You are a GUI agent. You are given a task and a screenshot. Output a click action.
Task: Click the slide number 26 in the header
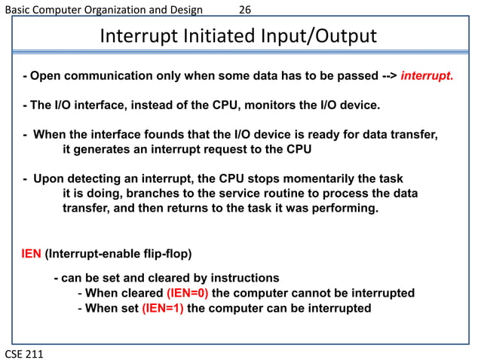(x=245, y=9)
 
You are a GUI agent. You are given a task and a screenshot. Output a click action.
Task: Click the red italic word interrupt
(x=427, y=76)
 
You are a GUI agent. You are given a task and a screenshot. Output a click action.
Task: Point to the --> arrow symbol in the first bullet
(x=386, y=76)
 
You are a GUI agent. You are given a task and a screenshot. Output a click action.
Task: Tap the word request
(x=218, y=149)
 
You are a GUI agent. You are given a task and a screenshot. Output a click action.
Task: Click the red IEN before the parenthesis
(x=31, y=252)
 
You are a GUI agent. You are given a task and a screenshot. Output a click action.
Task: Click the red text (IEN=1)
(x=162, y=308)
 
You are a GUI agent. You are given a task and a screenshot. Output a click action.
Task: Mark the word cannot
(x=298, y=293)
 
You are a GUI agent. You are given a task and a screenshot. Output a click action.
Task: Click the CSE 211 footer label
(x=24, y=352)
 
